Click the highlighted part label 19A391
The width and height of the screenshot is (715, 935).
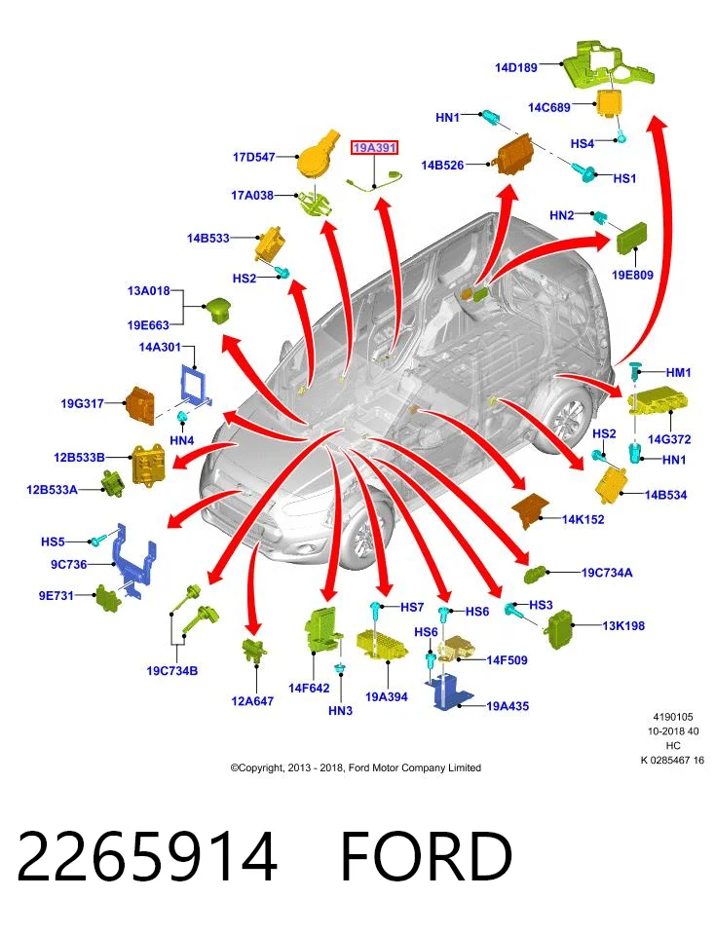(x=374, y=147)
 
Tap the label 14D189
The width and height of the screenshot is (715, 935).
(x=516, y=67)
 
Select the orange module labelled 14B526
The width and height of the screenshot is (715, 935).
(x=512, y=154)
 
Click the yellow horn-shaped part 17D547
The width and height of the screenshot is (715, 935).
(x=318, y=153)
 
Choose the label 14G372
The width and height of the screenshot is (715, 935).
(x=669, y=439)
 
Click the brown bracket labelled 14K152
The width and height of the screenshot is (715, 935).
(x=530, y=510)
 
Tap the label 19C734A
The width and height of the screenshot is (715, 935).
(x=607, y=573)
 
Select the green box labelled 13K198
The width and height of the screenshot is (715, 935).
(x=560, y=629)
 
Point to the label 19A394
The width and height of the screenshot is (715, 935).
(x=387, y=696)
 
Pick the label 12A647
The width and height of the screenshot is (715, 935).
(x=252, y=701)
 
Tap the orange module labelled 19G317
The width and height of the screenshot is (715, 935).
(x=140, y=405)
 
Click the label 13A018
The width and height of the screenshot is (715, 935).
(x=148, y=291)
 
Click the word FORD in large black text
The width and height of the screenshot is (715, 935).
(x=427, y=857)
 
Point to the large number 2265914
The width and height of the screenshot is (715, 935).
(x=147, y=857)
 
